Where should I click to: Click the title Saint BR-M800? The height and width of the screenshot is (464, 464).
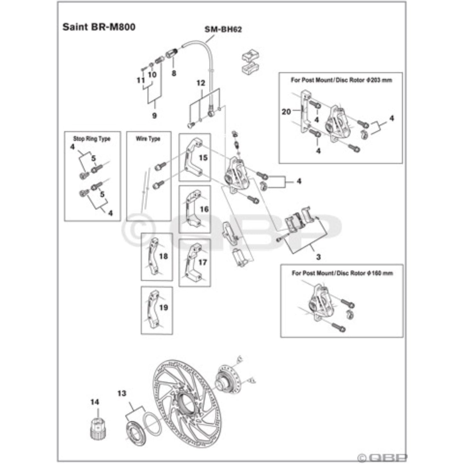[99, 27]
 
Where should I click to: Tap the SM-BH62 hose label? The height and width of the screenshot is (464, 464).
[223, 30]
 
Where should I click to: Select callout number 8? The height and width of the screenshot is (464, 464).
[174, 73]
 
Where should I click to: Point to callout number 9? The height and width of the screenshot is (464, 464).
[154, 115]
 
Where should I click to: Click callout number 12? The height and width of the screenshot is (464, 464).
[201, 83]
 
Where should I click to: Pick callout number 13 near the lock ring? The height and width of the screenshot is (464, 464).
[122, 393]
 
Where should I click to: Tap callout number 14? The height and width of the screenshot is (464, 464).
[95, 402]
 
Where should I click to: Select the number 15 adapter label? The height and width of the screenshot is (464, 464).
[203, 158]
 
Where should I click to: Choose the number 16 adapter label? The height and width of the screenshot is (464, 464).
[204, 209]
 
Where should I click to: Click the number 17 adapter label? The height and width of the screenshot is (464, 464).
[203, 262]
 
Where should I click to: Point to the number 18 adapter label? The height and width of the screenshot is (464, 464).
[163, 256]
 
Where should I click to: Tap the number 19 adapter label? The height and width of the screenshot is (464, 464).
[163, 308]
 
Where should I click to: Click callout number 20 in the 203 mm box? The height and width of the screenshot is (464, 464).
[286, 111]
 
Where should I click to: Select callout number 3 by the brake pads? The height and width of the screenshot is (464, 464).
[318, 257]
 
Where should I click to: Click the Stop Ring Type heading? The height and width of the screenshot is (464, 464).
[92, 139]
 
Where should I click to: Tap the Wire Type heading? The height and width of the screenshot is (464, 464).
[148, 139]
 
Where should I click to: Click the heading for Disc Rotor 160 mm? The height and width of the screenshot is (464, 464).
[342, 273]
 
